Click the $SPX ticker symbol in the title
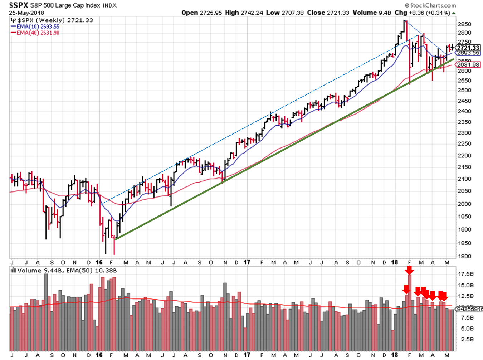point(19,5)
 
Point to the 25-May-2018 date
point(26,13)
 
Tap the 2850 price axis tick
point(464,24)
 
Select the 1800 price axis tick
point(464,256)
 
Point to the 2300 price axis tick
point(464,133)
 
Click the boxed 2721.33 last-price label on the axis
point(468,48)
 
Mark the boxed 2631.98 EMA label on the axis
point(468,64)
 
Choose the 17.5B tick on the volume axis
point(466,274)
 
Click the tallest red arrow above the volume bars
point(410,270)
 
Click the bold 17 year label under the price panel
point(247,262)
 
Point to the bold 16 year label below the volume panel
point(99,355)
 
